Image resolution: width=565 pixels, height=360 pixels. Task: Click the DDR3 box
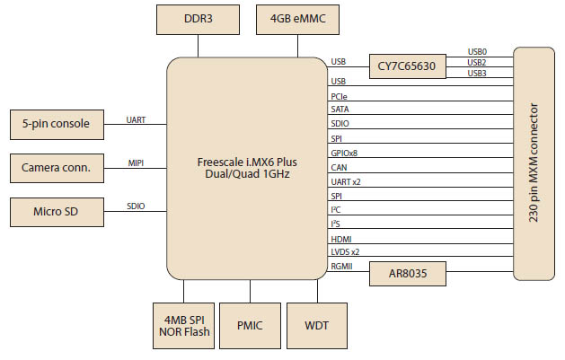click(x=199, y=17)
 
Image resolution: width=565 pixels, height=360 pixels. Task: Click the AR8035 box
click(x=407, y=272)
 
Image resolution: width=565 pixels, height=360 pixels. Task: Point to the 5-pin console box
click(x=56, y=123)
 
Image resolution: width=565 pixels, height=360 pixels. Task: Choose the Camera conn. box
click(x=56, y=167)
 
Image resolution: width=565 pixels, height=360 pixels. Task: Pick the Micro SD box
click(x=56, y=212)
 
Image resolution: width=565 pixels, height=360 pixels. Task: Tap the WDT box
click(x=315, y=324)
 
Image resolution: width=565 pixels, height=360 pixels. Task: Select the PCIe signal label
click(x=340, y=95)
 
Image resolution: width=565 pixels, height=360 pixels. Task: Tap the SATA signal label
click(x=340, y=109)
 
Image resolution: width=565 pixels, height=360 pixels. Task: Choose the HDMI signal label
click(x=341, y=238)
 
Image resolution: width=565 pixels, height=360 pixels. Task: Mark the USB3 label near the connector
click(x=478, y=73)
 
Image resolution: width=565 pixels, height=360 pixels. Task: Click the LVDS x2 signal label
click(x=346, y=252)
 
